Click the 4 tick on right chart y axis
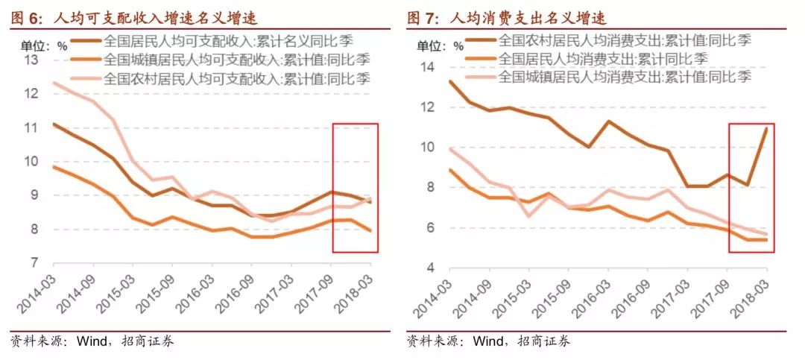coord(429,268)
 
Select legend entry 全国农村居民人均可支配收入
coord(236,77)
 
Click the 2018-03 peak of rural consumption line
coord(766,129)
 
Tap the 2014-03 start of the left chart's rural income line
coord(54,83)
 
